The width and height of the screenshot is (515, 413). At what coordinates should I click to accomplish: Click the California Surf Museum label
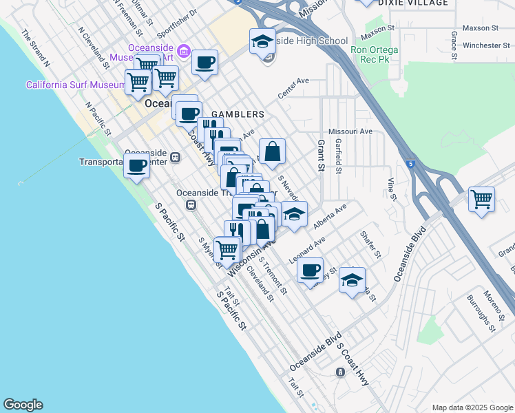(75, 85)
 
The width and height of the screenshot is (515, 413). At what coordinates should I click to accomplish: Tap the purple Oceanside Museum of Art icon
(183, 50)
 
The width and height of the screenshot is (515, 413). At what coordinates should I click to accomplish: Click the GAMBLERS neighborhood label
(238, 114)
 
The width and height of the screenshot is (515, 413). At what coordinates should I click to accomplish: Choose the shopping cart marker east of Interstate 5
(481, 200)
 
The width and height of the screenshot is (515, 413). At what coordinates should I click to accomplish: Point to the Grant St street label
(320, 156)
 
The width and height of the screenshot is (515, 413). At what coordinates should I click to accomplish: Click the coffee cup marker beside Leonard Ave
(311, 269)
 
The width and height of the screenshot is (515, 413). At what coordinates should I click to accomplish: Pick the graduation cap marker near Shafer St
(352, 280)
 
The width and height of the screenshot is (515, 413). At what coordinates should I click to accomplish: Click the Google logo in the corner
(23, 405)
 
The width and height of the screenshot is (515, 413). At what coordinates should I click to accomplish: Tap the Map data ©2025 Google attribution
(472, 407)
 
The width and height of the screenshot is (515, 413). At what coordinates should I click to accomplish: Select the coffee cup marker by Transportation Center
(137, 165)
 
